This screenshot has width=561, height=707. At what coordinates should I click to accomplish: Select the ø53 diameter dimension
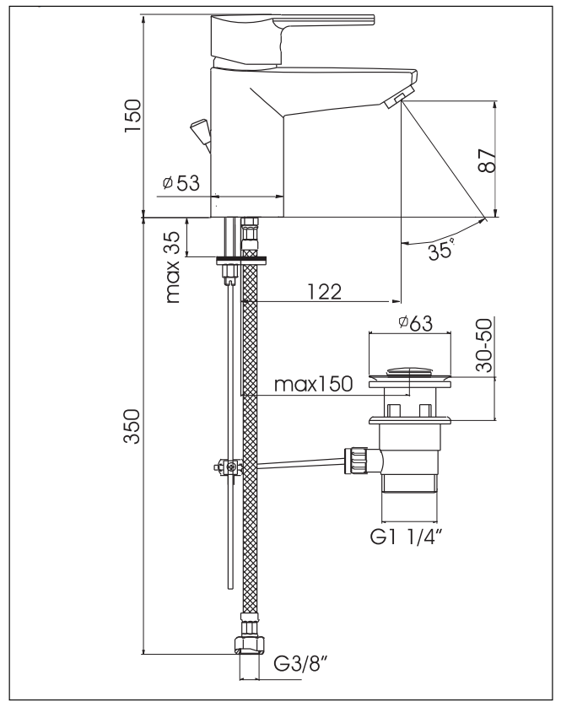click(181, 183)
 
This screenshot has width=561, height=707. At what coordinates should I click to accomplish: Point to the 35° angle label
click(440, 251)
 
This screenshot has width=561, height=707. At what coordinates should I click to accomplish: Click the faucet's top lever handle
click(287, 24)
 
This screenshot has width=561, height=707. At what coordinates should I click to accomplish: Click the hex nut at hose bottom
click(248, 645)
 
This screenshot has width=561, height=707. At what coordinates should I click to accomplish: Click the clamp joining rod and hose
click(227, 466)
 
